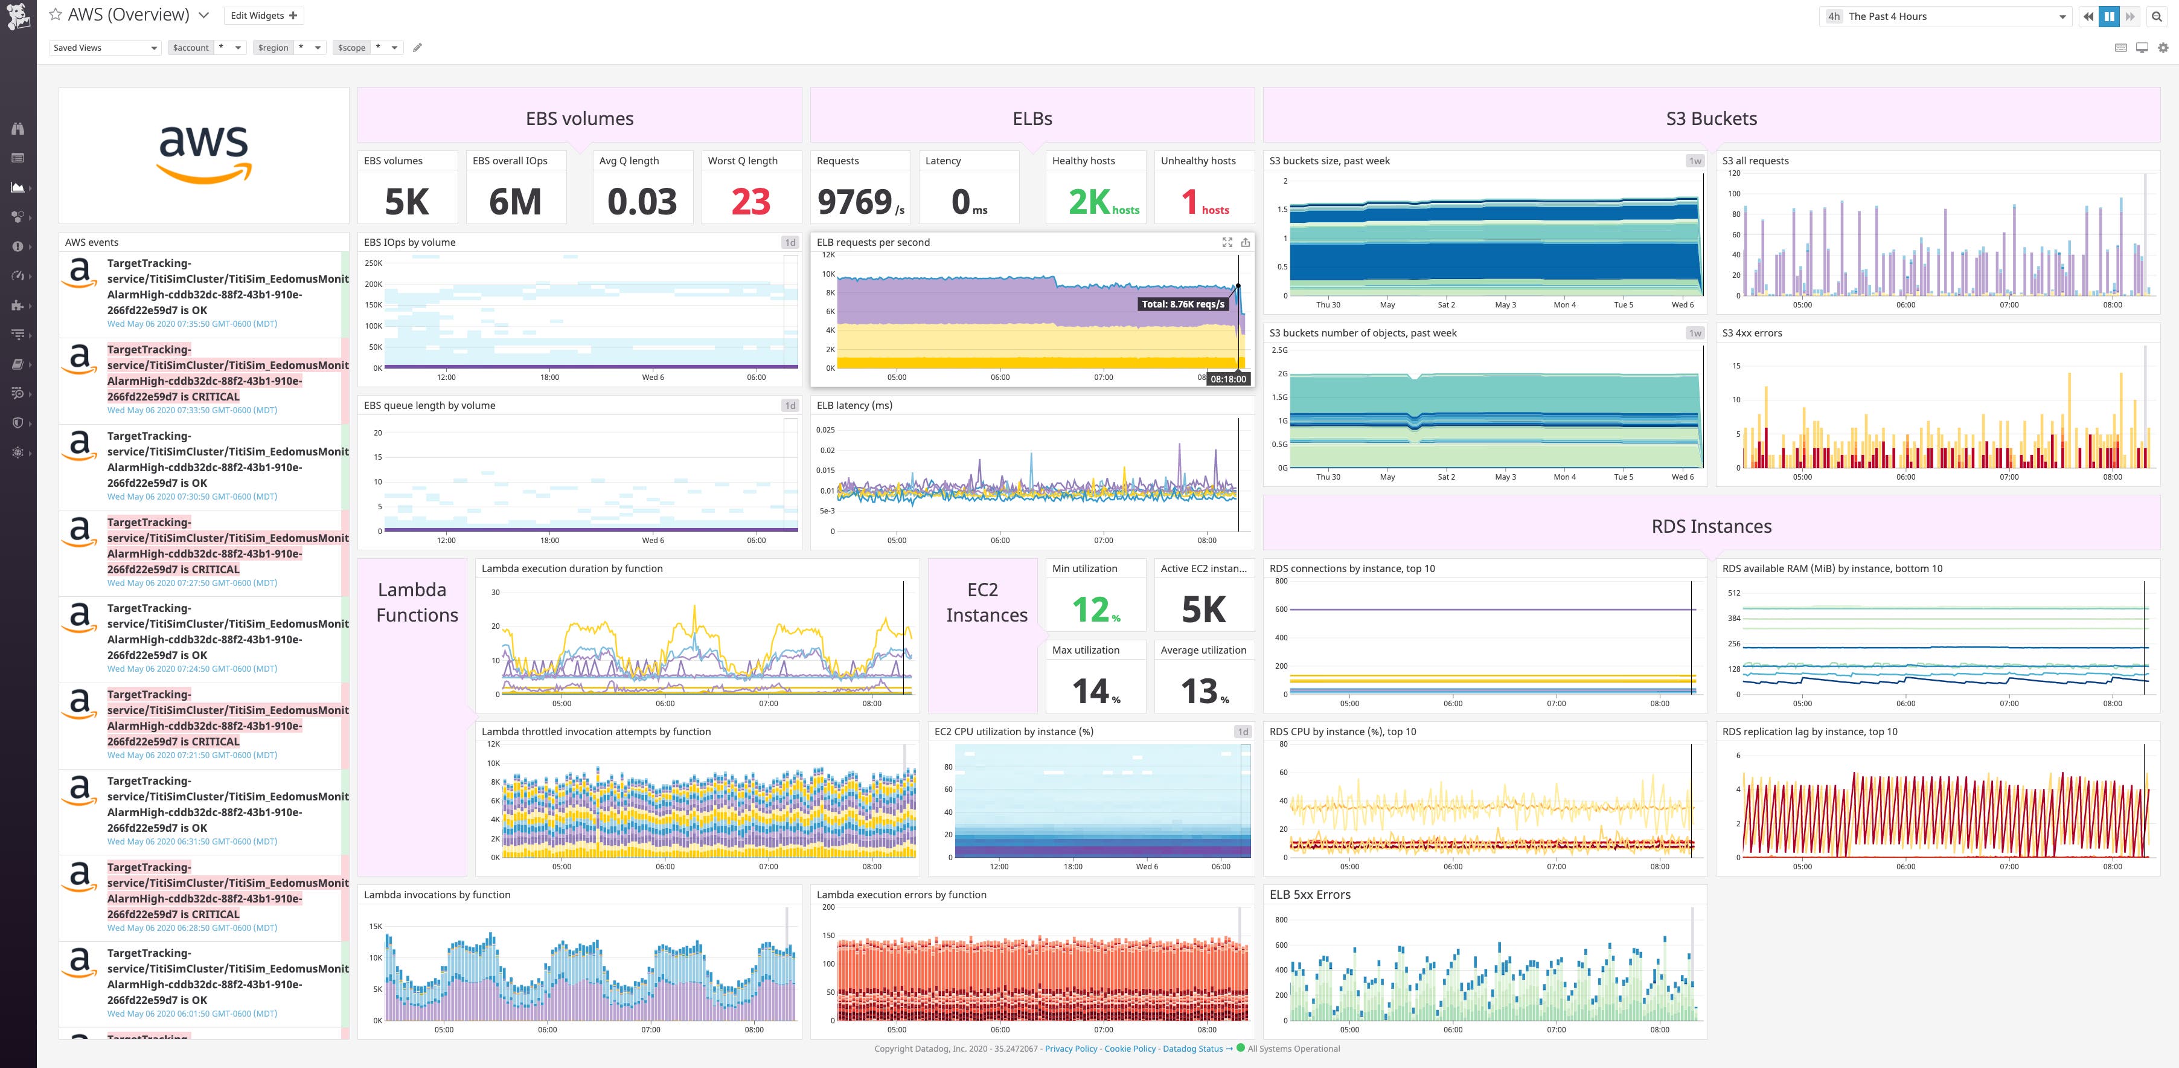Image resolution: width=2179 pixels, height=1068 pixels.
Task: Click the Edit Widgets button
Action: point(264,15)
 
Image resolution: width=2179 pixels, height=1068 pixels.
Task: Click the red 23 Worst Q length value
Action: point(750,201)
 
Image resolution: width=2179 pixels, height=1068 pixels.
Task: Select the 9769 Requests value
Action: point(855,201)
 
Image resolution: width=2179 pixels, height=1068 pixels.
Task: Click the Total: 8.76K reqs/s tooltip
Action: point(1183,304)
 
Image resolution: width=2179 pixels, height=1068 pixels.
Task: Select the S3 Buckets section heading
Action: point(1710,118)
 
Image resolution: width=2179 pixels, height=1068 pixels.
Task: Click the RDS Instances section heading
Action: point(1710,526)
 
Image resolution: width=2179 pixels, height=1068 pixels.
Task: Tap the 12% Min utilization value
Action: point(1095,610)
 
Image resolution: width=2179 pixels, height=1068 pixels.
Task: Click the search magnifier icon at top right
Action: point(2156,16)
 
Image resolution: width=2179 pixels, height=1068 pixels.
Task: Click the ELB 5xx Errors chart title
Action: point(1310,895)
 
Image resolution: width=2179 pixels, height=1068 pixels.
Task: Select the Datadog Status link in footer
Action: point(1192,1049)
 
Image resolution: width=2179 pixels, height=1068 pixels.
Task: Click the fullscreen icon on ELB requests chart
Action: point(1226,242)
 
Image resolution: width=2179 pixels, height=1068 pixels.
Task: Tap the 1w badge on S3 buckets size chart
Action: point(1694,161)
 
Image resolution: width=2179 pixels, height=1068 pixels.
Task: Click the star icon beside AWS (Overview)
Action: point(56,14)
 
